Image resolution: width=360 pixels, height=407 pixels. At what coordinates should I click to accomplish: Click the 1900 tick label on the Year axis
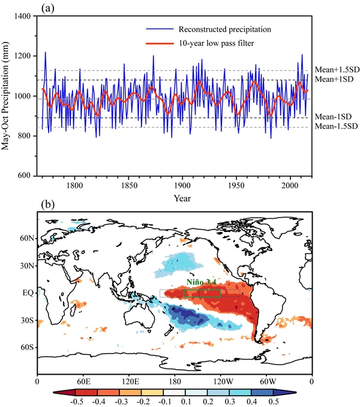(x=183, y=186)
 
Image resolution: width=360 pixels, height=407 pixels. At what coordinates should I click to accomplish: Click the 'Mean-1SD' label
(x=334, y=116)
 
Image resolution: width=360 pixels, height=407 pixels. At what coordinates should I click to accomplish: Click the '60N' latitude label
(x=26, y=239)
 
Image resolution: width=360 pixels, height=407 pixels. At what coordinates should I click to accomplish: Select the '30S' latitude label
(x=27, y=321)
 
